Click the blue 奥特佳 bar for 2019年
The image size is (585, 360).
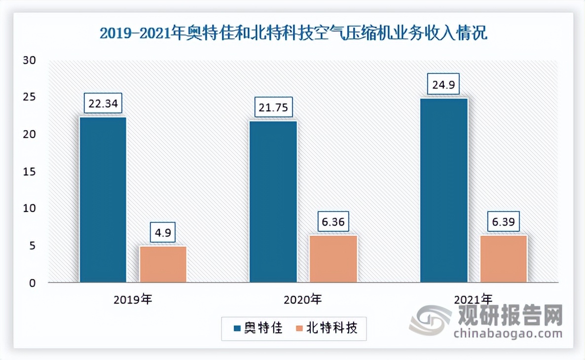pyautogui.click(x=103, y=200)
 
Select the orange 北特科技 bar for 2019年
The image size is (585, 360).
pyautogui.click(x=163, y=264)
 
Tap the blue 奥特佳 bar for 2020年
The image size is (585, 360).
pyautogui.click(x=273, y=202)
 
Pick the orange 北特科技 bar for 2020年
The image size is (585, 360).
pyautogui.click(x=333, y=258)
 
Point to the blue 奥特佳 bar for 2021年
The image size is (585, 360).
pyautogui.click(x=443, y=190)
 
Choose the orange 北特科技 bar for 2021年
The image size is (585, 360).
pyautogui.click(x=504, y=258)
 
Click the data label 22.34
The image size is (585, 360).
pyautogui.click(x=103, y=104)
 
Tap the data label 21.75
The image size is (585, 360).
pyautogui.click(x=273, y=108)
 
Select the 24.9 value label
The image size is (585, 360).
pyautogui.click(x=443, y=85)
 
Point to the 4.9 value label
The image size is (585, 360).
pyautogui.click(x=163, y=232)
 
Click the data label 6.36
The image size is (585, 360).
pyautogui.click(x=333, y=222)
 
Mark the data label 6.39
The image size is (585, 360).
pyautogui.click(x=504, y=222)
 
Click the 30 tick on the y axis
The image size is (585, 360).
pyautogui.click(x=31, y=60)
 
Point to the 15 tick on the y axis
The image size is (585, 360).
pyautogui.click(x=31, y=172)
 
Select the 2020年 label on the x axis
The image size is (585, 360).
pyautogui.click(x=303, y=299)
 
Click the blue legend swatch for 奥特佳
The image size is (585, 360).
pyautogui.click(x=237, y=328)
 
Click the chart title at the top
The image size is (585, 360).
pyautogui.click(x=293, y=34)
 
